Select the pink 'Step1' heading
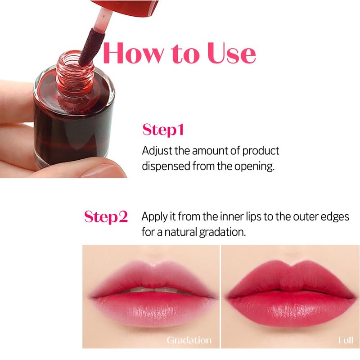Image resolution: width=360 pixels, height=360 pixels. pos(163,130)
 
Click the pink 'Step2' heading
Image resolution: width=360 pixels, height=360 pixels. pos(106,217)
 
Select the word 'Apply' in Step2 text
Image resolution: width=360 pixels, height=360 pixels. pos(153,217)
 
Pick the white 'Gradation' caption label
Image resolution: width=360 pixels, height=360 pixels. pos(189,340)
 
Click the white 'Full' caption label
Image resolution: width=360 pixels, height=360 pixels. pos(345,340)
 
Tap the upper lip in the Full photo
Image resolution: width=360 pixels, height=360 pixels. pos(288,274)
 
